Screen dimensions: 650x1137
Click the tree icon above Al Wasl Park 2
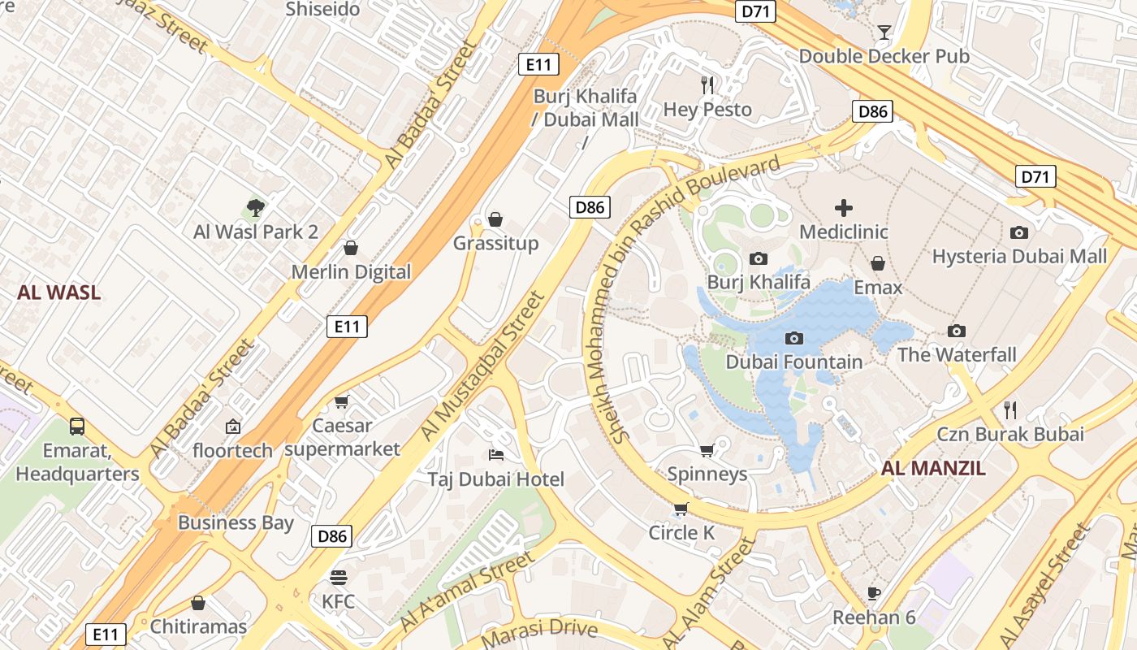(256, 208)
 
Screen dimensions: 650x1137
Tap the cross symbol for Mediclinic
(844, 208)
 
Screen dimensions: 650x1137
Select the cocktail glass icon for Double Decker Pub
(884, 32)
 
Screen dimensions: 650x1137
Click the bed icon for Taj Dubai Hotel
(495, 455)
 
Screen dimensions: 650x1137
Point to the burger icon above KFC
(339, 578)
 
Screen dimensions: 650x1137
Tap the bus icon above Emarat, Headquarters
(77, 426)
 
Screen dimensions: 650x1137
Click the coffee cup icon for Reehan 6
(874, 593)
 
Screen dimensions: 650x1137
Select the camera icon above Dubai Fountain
(794, 338)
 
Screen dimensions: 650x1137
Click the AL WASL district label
(59, 293)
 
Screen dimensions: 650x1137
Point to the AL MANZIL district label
(933, 468)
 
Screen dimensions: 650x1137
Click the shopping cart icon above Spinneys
(707, 450)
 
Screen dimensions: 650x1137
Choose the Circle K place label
(681, 533)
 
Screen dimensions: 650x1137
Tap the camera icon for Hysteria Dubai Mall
(1018, 233)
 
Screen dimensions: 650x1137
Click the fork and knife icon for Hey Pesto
(707, 84)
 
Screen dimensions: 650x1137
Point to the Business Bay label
(236, 522)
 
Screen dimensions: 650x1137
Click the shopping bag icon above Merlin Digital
(351, 248)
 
